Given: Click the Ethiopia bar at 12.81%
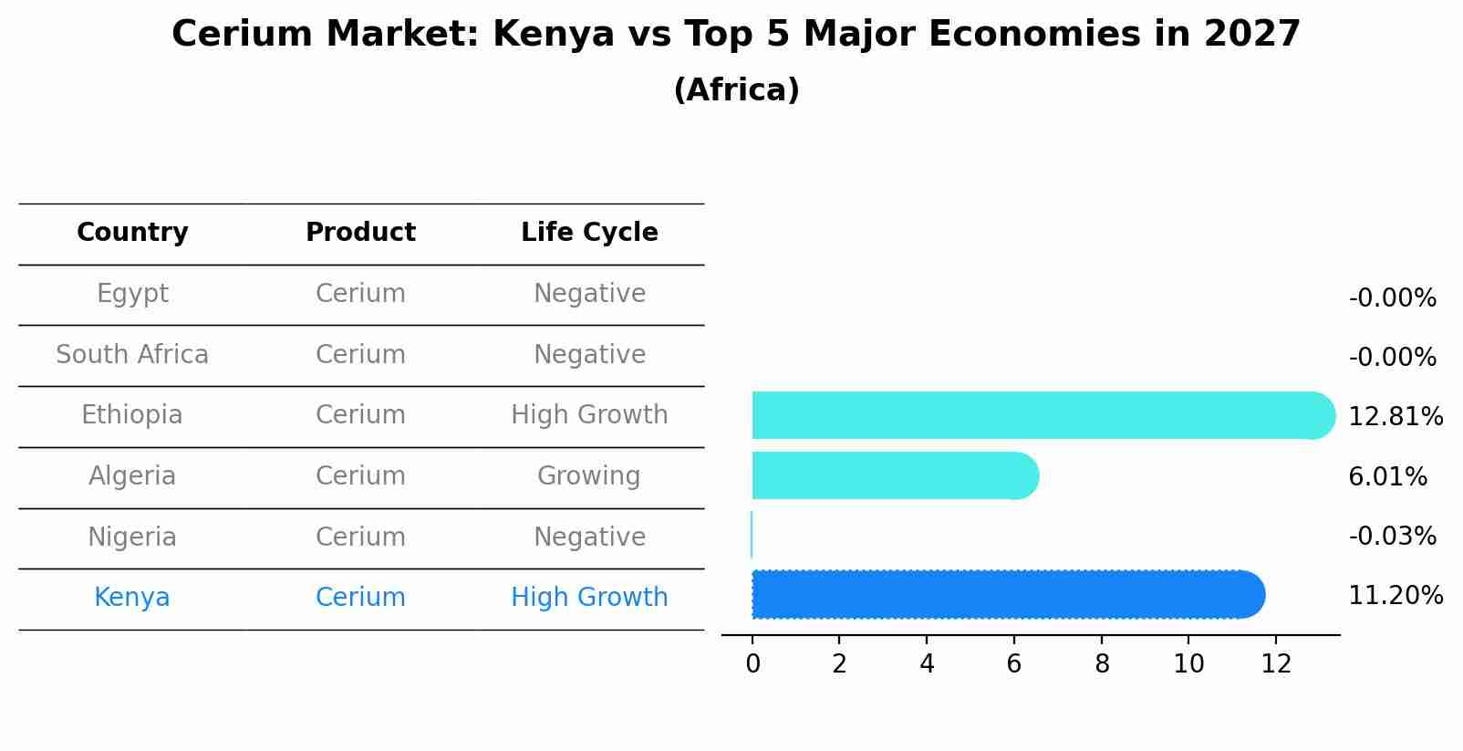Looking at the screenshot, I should click(1040, 415).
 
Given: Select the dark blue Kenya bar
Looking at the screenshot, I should click(1003, 595).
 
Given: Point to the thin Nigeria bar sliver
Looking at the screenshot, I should click(752, 535).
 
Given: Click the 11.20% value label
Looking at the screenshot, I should click(1395, 596).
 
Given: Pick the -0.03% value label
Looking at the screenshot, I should click(1392, 536).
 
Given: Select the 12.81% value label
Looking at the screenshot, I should click(1395, 417).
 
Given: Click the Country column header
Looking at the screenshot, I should click(132, 233).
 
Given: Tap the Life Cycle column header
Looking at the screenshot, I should click(589, 233).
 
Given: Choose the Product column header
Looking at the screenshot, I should click(360, 233).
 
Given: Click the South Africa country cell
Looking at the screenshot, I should click(132, 354).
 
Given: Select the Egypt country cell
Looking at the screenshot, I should click(132, 294).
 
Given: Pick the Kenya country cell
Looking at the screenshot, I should click(132, 598).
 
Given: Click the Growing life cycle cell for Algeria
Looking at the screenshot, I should click(589, 476).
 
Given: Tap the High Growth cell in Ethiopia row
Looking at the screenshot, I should click(589, 415).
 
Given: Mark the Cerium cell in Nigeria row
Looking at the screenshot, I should click(360, 537).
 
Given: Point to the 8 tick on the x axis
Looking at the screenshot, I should click(1102, 663).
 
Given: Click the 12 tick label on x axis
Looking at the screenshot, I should click(1276, 663).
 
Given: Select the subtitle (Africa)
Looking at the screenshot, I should click(736, 90).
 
